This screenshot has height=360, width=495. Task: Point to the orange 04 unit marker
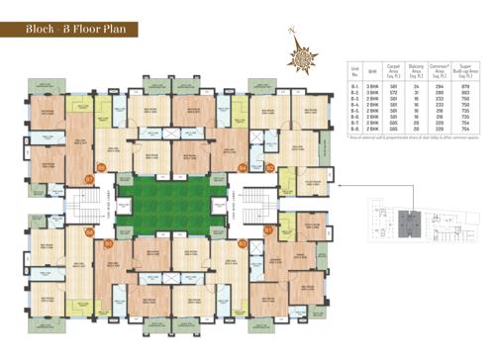coord(244,169)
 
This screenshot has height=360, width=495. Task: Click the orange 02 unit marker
coord(269,169)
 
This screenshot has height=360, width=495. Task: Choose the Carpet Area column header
coord(393,73)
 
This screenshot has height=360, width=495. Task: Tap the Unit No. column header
coord(354,73)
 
